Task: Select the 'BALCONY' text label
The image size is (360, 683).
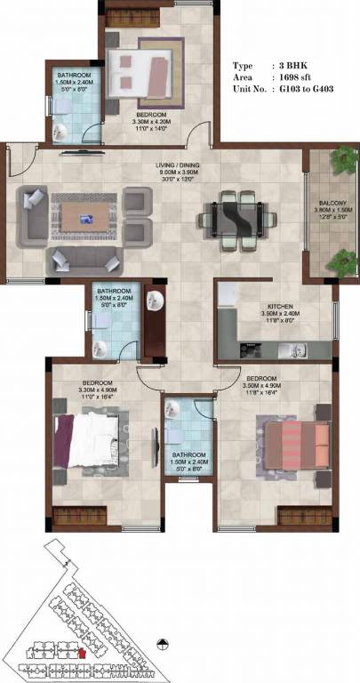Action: coord(333,204)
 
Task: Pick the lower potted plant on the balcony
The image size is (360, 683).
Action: coord(341,262)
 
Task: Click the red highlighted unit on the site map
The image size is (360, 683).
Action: coord(83,654)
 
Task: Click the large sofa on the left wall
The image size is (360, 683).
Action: coord(33,214)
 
